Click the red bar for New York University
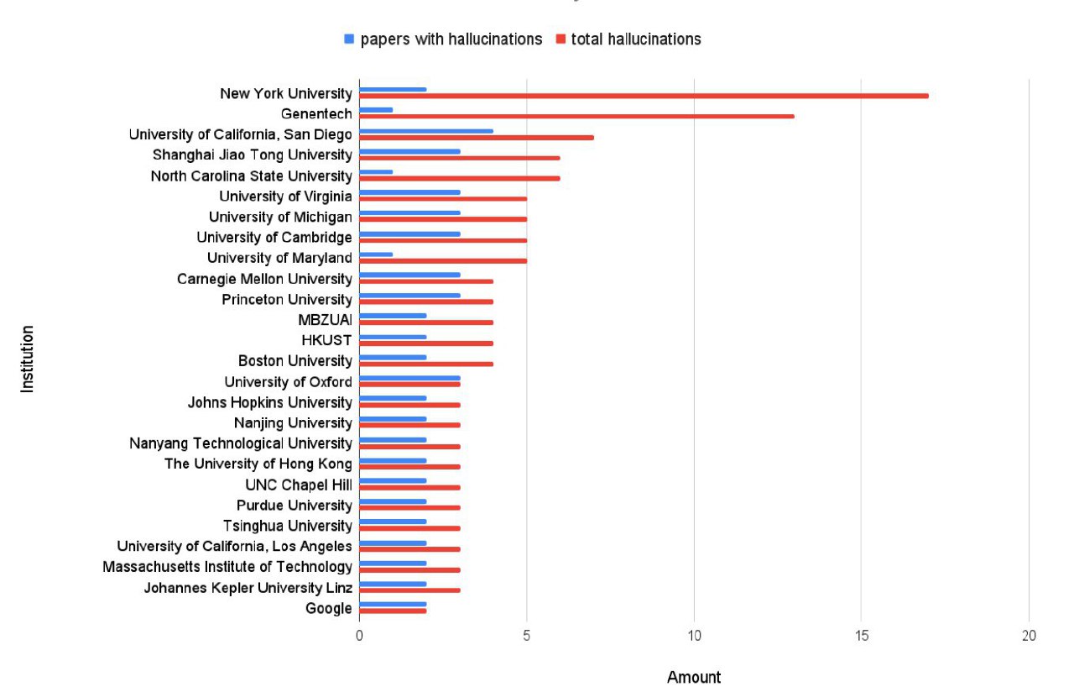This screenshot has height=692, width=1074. (644, 96)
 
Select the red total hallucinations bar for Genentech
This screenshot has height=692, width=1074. (576, 116)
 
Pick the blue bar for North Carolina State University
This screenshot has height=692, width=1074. (376, 172)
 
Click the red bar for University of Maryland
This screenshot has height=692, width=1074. (443, 260)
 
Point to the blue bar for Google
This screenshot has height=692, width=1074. (393, 604)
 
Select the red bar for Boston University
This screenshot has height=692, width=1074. (426, 364)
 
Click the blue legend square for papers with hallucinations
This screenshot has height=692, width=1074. (349, 39)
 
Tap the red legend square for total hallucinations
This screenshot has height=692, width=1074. (560, 39)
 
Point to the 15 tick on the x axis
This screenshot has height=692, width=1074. (861, 636)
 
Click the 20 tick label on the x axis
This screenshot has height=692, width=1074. (1029, 636)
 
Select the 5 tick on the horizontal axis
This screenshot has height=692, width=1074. (526, 636)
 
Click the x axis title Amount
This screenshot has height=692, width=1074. (694, 677)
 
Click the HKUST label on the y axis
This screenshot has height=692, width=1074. (326, 340)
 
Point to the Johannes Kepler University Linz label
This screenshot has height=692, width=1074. (248, 587)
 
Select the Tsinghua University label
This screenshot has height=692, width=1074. (287, 526)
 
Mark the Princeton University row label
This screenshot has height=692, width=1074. (287, 300)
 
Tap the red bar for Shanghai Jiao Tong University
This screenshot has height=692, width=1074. (460, 158)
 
